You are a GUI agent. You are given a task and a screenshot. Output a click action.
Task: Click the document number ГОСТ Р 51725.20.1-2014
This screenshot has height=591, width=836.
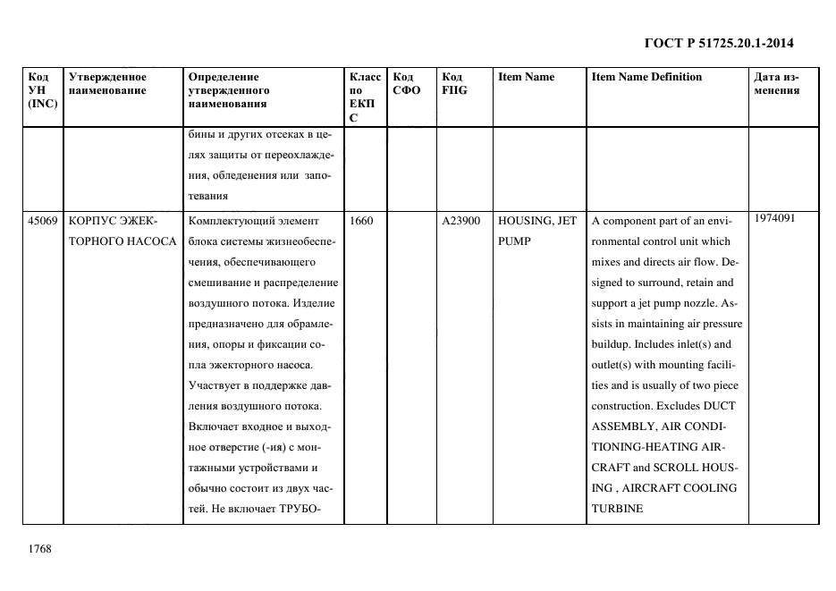coord(719,42)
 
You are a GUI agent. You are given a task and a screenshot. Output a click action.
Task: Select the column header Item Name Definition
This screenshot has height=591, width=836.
coord(646,77)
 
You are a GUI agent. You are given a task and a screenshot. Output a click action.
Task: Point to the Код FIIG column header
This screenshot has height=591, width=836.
coord(454,83)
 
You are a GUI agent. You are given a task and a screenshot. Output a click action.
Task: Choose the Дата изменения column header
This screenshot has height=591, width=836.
coord(776,83)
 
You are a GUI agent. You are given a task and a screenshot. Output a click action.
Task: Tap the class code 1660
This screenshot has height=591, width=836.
coord(362,220)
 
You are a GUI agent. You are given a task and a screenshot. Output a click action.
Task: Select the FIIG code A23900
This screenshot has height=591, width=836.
coord(461,220)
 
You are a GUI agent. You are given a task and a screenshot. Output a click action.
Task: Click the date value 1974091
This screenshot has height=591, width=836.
coord(774,217)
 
